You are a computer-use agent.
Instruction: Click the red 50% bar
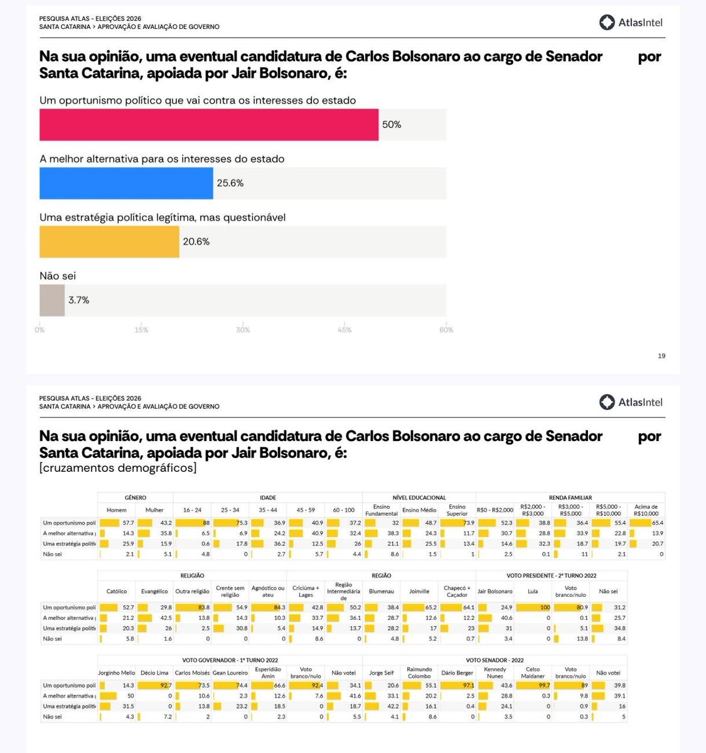coord(208,124)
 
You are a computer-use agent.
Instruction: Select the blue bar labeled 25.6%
coord(126,183)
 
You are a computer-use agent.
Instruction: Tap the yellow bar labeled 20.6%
coord(109,242)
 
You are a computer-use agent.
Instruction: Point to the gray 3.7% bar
coord(52,300)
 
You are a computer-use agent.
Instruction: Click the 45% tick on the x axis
coord(345,330)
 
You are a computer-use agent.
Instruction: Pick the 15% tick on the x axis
coord(141,330)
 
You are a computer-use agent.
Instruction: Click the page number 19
coord(661,356)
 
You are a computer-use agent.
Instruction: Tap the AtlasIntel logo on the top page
coord(631,23)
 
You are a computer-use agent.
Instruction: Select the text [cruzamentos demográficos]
coord(118,467)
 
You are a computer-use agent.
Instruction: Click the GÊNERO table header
coord(136,498)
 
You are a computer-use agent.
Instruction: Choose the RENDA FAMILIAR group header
coord(570,498)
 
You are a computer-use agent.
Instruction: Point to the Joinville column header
coord(419,591)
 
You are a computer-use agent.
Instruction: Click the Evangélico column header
coord(154,591)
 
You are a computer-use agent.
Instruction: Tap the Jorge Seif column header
coord(381,673)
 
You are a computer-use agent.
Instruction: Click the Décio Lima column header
coord(154,673)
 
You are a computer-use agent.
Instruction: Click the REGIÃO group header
coord(381,575)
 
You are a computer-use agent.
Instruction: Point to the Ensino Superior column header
coord(457,510)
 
